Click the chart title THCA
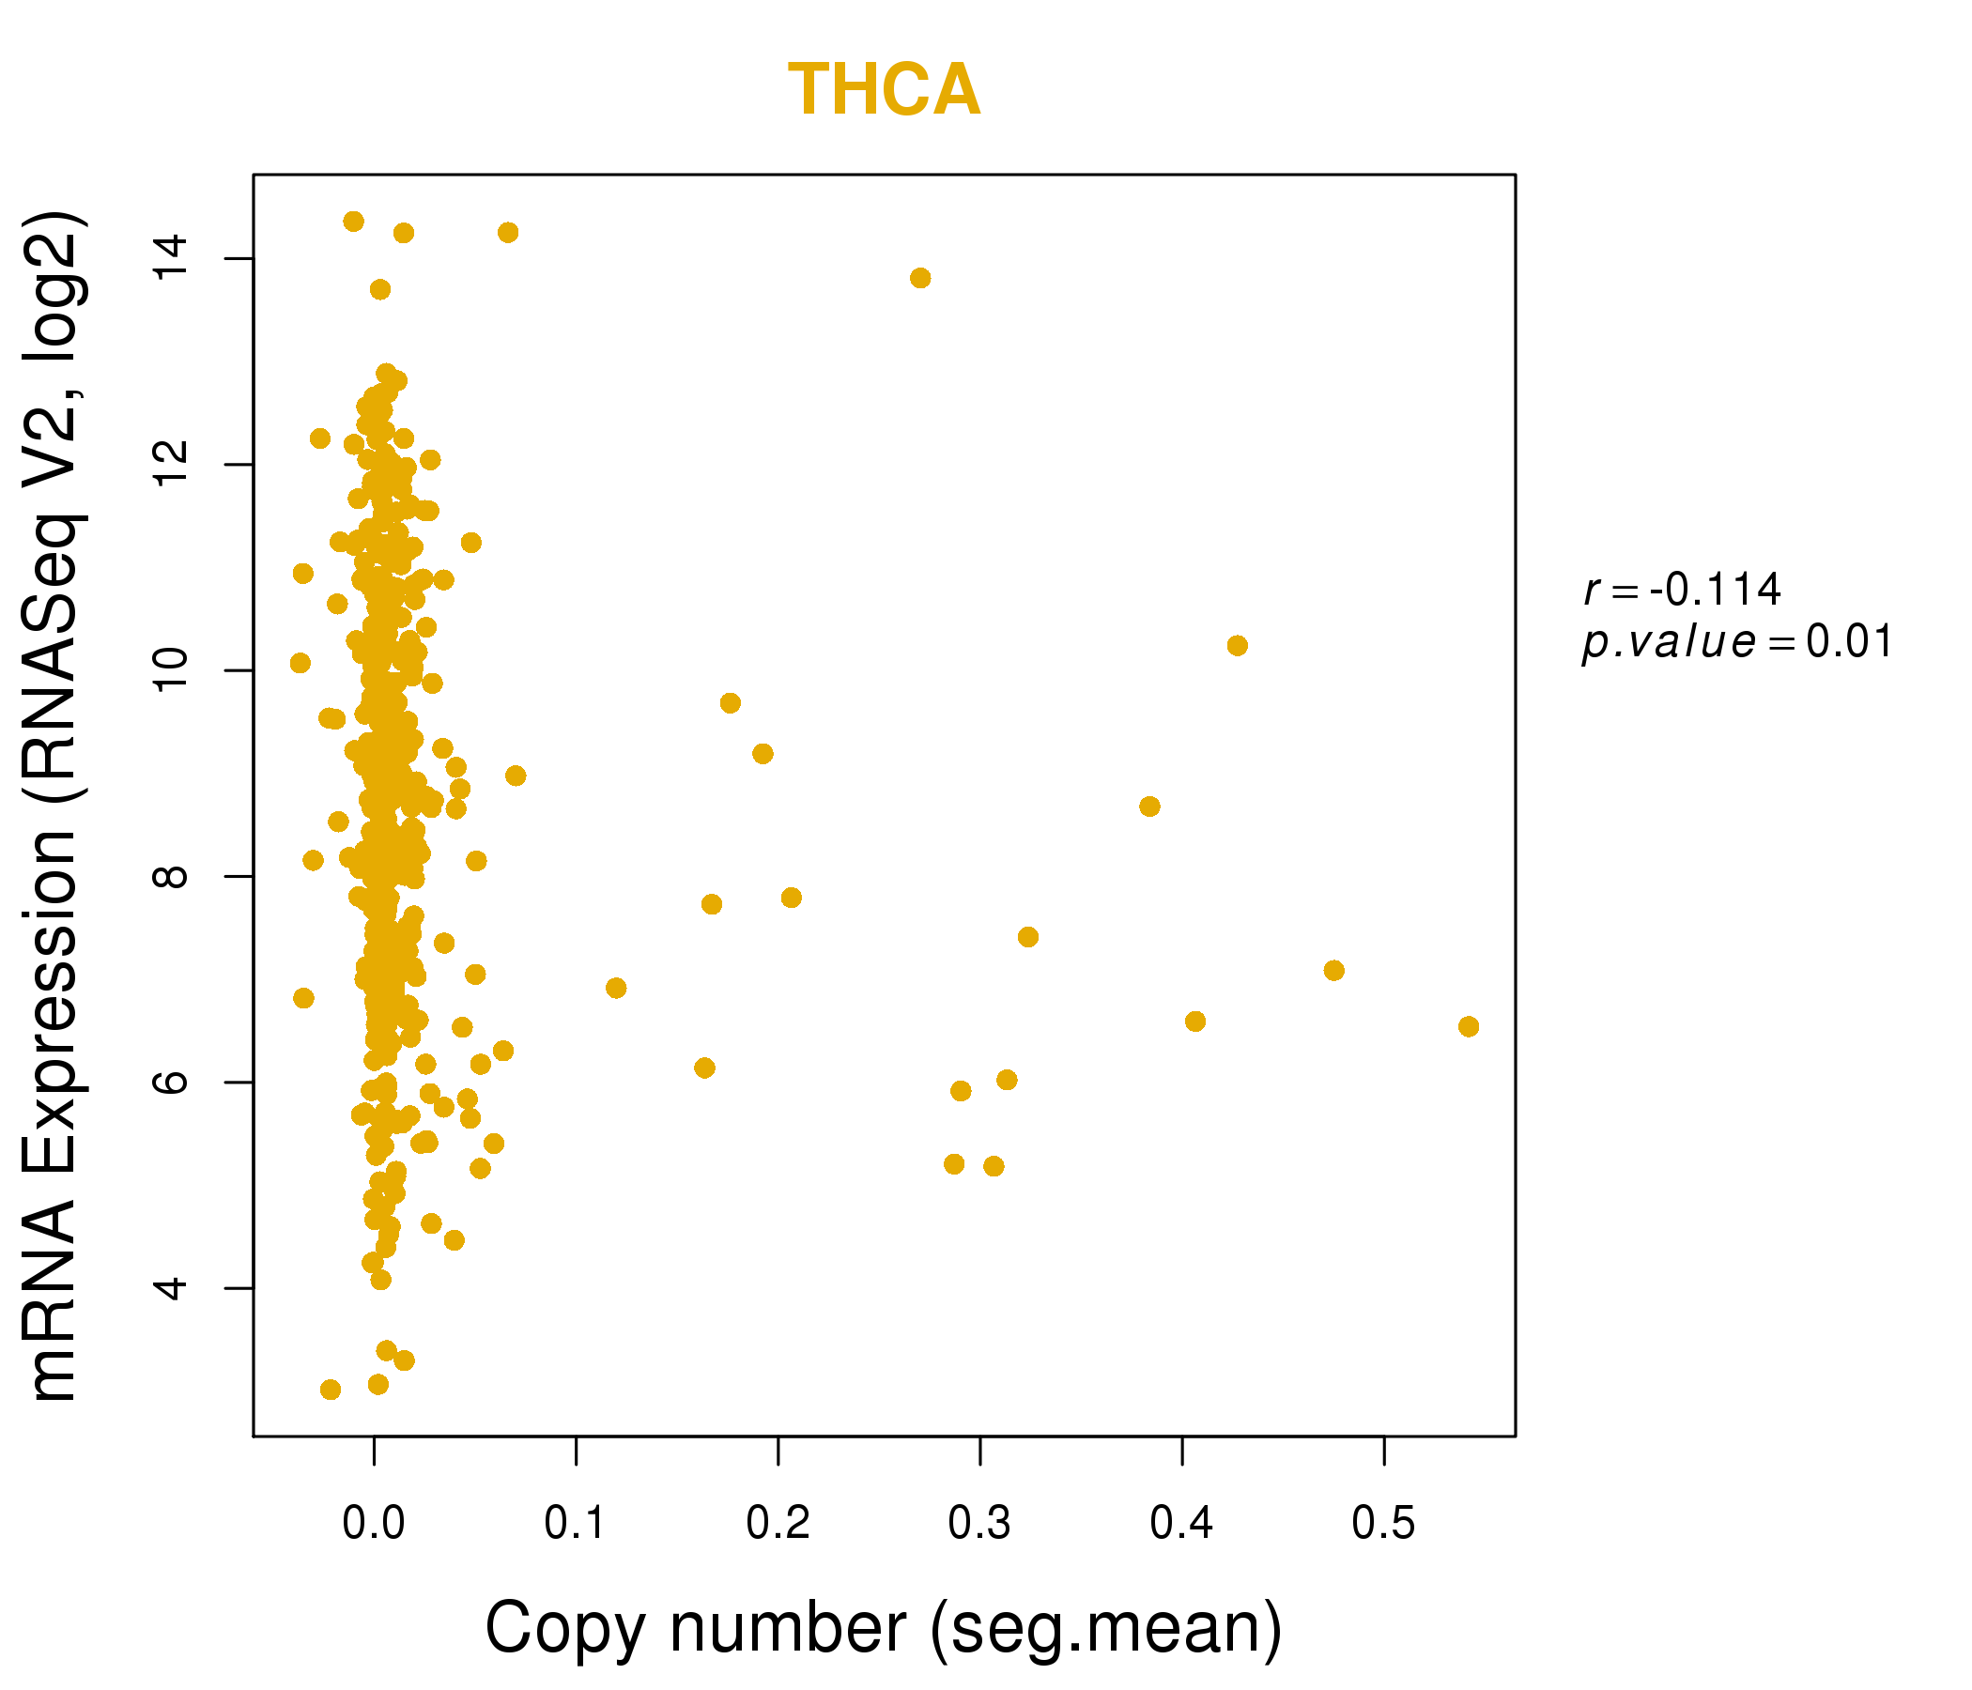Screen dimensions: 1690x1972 [885, 90]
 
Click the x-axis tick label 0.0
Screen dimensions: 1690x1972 [374, 1524]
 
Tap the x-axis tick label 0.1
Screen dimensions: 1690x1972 [576, 1524]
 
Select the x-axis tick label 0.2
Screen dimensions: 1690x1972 [778, 1524]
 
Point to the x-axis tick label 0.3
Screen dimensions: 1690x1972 [979, 1524]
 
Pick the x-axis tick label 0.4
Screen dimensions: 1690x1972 [1181, 1524]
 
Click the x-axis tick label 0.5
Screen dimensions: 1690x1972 [1383, 1524]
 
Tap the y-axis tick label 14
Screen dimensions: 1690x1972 [172, 259]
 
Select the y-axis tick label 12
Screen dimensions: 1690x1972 [172, 465]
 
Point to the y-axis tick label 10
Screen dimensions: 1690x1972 [172, 671]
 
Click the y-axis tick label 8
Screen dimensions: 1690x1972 [172, 876]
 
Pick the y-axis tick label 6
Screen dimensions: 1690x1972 [172, 1082]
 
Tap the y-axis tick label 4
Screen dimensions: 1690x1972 [172, 1288]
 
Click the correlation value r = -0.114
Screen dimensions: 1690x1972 [1682, 590]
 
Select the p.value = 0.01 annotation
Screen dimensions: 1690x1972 [1737, 642]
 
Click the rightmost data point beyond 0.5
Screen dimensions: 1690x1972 [1469, 1027]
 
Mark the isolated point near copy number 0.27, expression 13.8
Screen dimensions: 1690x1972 [920, 278]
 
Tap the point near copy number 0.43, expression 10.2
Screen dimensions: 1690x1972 [1238, 646]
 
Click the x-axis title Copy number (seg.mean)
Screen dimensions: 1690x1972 [885, 1628]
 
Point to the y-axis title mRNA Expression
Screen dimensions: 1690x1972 [54, 807]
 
